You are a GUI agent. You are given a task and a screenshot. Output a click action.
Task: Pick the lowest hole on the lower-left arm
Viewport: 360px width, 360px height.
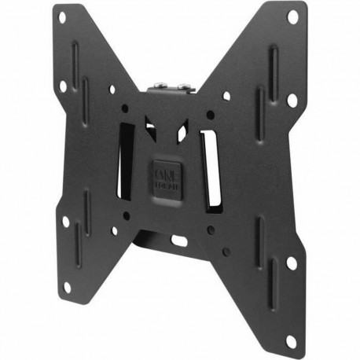66,287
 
